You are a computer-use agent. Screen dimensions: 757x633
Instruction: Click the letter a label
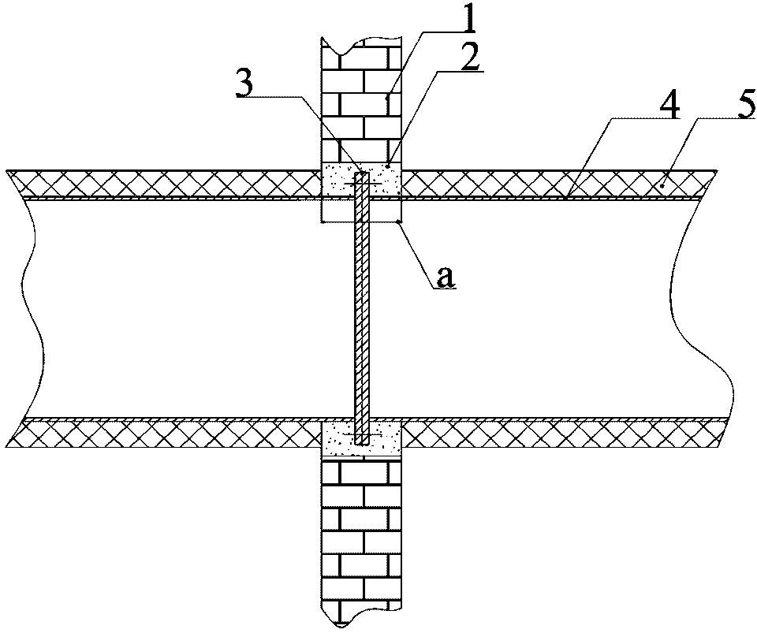coord(445,277)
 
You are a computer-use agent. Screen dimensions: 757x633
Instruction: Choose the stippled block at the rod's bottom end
coord(361,438)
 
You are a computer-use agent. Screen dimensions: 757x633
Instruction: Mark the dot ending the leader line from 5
coord(663,185)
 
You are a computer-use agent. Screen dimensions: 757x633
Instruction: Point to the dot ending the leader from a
coord(398,222)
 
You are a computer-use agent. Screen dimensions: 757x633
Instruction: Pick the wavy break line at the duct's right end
coord(700,309)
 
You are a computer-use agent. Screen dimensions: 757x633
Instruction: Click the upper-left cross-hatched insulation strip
coord(164,184)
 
